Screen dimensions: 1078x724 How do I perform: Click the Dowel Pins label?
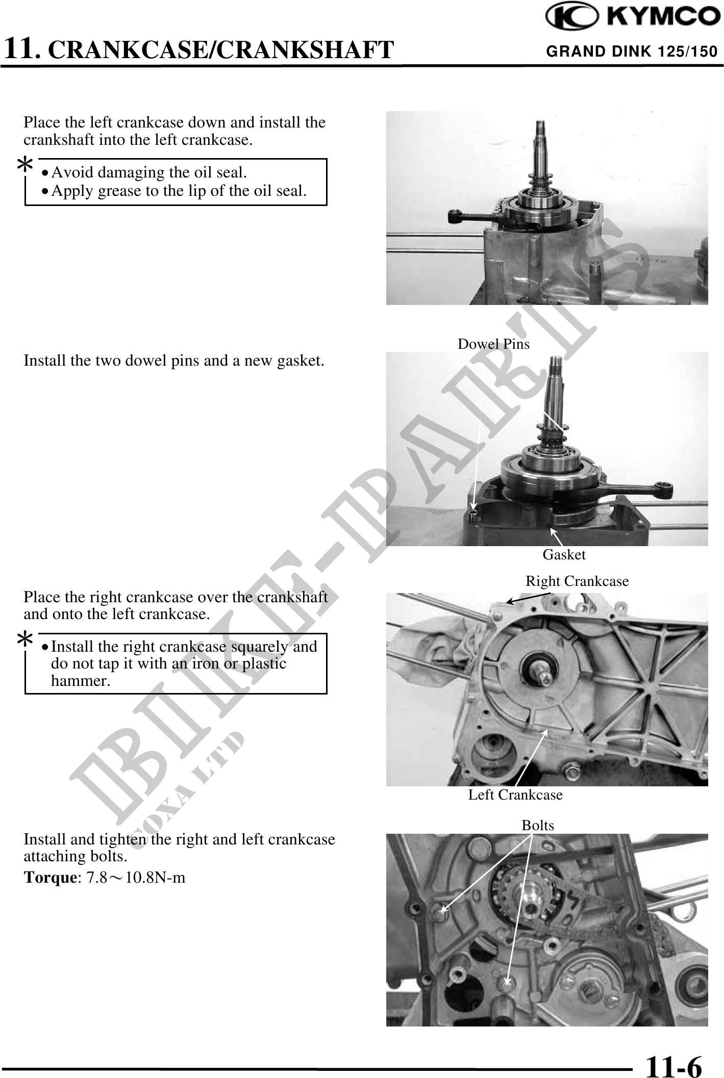493,344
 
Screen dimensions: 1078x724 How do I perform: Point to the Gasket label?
564,555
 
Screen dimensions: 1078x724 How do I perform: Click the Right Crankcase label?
577,581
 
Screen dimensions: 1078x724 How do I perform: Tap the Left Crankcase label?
515,795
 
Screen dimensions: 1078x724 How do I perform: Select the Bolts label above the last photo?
538,826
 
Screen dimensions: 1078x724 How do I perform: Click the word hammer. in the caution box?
81,681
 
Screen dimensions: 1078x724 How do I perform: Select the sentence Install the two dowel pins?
173,361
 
